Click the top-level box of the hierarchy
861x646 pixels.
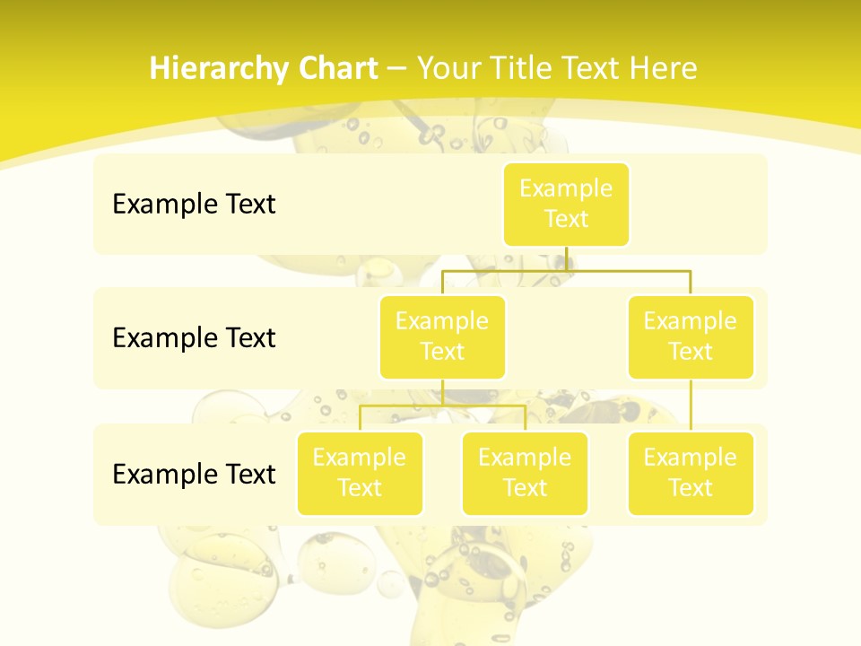566,205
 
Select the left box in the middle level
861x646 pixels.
442,337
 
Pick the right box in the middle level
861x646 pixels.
691,337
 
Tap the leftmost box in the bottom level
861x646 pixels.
360,474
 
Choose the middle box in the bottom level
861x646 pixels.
525,474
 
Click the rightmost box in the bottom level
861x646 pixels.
691,474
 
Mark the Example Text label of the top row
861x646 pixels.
194,205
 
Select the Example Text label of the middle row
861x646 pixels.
194,338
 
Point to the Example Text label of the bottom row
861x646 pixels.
194,474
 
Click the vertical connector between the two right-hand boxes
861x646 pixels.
691,406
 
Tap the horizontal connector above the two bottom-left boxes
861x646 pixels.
442,406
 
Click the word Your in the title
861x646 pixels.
447,68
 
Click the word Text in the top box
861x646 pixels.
566,220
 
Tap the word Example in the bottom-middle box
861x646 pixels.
525,458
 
